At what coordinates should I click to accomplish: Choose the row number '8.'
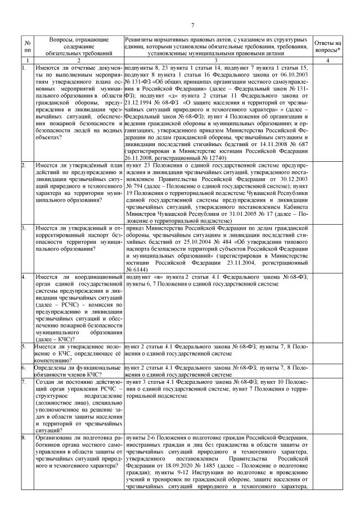24,437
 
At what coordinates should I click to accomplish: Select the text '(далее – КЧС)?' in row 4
56,339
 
